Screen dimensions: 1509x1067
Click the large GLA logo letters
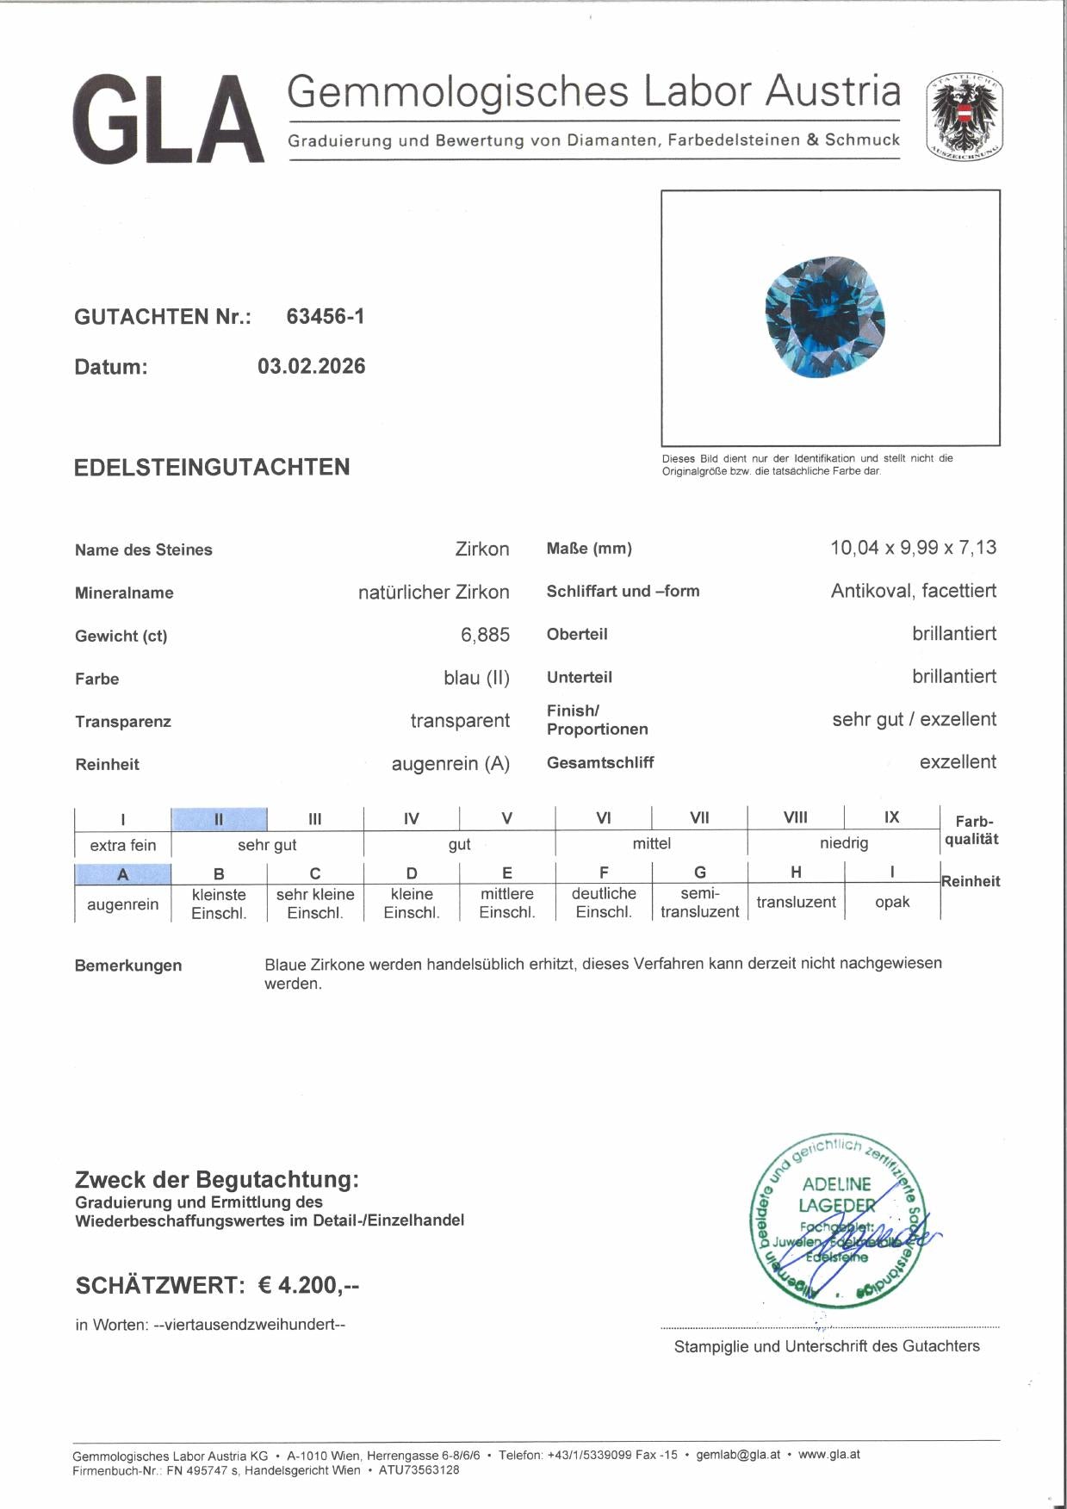(x=168, y=120)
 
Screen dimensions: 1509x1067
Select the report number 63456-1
(x=326, y=317)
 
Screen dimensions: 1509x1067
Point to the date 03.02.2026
(x=311, y=367)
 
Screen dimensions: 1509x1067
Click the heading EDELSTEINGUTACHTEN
(x=212, y=468)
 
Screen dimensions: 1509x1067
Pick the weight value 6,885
(x=485, y=636)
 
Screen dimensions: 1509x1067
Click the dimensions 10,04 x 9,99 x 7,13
(x=913, y=548)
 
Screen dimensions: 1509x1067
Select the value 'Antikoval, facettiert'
(x=913, y=591)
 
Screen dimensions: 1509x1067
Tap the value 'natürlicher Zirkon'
(x=433, y=593)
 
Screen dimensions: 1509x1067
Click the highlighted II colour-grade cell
(x=219, y=818)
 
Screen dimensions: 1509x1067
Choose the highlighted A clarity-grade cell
(x=122, y=874)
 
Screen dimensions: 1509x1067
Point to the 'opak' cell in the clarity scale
(x=892, y=902)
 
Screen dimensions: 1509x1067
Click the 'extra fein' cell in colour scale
(x=122, y=845)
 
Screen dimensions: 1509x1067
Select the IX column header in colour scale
(x=891, y=817)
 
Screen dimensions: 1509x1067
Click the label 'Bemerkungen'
(x=128, y=966)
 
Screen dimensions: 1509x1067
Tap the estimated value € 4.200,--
(x=308, y=1285)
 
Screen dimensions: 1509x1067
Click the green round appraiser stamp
(x=835, y=1220)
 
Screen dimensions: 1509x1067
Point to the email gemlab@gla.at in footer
(x=738, y=1455)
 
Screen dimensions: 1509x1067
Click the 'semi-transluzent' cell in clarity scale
(x=699, y=902)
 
